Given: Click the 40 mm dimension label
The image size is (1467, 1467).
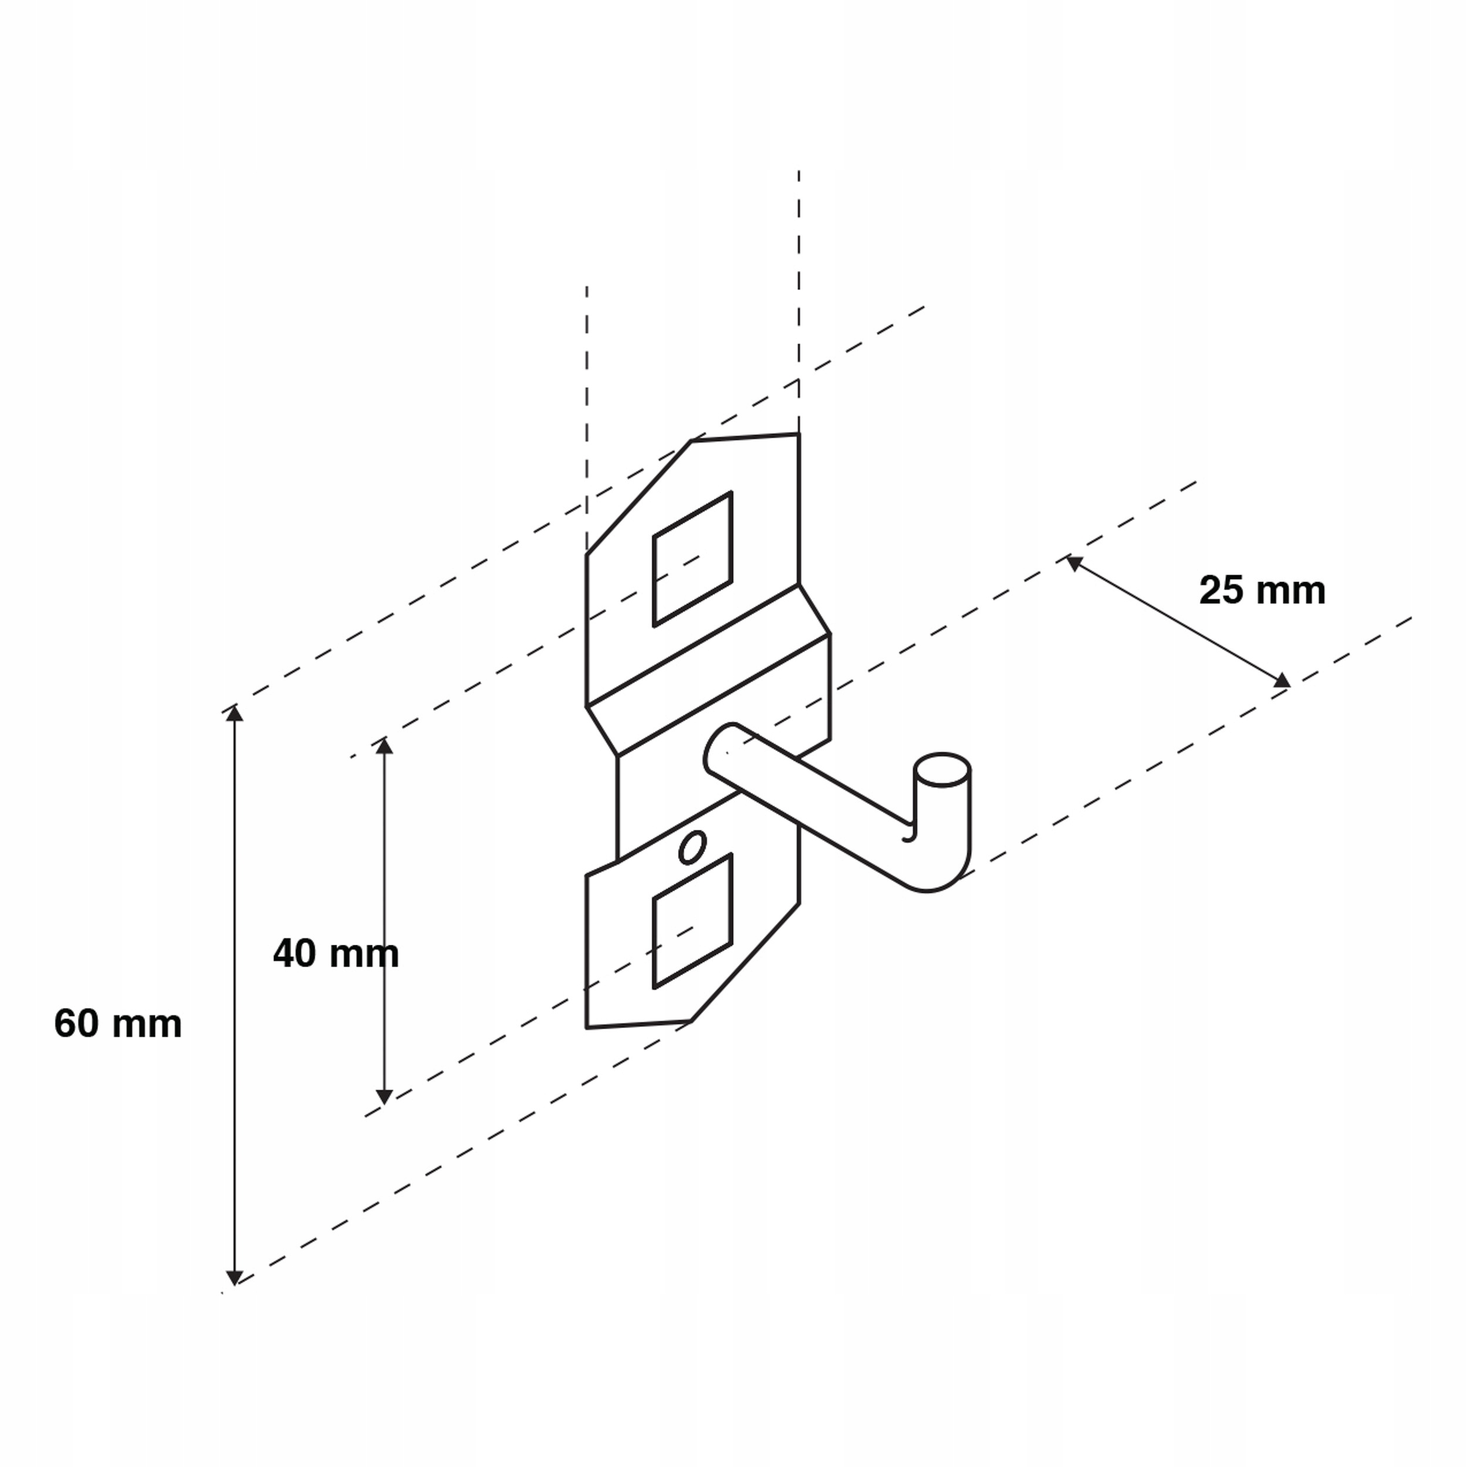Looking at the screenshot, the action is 336,954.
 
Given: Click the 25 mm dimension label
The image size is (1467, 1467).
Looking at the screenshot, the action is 1262,591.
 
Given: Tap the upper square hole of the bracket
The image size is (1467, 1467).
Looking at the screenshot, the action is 692,560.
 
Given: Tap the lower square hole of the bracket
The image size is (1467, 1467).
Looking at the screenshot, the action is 692,922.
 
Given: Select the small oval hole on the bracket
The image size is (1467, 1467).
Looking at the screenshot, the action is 692,847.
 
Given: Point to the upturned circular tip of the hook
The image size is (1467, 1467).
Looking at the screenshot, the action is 942,769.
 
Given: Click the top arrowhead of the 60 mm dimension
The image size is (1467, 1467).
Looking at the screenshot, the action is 235,713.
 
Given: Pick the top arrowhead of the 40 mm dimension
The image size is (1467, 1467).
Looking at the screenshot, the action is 384,746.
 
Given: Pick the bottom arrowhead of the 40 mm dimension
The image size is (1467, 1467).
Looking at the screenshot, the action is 384,1097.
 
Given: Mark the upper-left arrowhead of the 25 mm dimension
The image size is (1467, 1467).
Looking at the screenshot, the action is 1073,562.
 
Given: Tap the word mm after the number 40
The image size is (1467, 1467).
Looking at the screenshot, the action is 361,954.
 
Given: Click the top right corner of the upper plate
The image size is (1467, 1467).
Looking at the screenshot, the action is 798,434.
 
